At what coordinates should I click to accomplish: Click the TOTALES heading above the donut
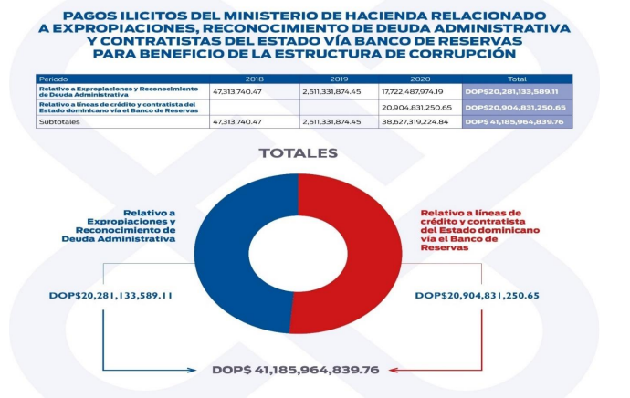[x=299, y=152]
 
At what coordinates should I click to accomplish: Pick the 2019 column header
[x=338, y=79]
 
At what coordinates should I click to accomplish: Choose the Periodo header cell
[x=56, y=79]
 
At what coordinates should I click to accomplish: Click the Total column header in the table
[x=517, y=79]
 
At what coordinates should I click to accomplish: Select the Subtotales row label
[x=58, y=120]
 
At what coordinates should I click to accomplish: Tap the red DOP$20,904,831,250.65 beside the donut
[x=477, y=296]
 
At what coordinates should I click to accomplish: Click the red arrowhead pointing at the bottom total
[x=394, y=370]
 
